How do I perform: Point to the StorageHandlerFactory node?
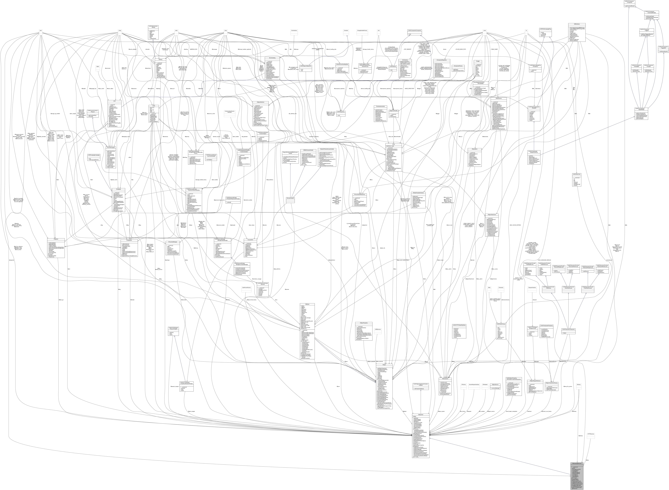click(x=362, y=30)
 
